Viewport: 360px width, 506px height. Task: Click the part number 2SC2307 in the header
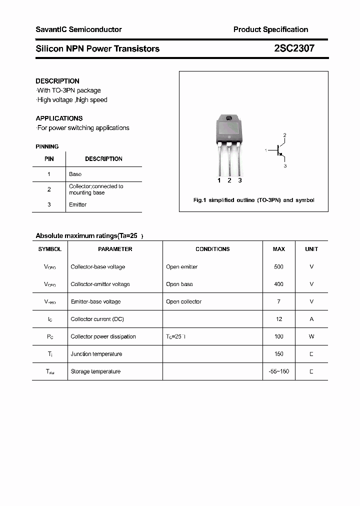point(294,48)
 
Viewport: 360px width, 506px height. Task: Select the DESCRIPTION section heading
point(57,81)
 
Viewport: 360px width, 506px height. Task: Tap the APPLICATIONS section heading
point(59,118)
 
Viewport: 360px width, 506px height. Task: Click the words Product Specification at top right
point(270,29)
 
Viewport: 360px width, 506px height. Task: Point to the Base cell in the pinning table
point(75,174)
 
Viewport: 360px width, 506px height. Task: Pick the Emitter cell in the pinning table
point(77,204)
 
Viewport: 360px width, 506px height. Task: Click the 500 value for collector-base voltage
point(278,267)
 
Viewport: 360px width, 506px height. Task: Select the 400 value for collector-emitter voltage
point(278,284)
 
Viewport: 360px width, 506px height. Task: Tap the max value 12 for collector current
point(279,319)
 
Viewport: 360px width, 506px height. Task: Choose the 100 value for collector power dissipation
point(278,336)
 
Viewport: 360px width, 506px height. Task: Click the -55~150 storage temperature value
point(278,371)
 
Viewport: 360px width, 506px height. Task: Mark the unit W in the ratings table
point(311,336)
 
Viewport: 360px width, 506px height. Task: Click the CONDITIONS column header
point(212,249)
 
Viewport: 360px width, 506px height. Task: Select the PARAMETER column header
point(115,249)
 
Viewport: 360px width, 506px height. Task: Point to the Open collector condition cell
point(183,301)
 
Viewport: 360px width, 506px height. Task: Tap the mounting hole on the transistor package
point(229,118)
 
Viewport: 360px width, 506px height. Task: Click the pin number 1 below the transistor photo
point(219,180)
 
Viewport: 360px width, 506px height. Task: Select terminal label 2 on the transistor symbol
point(284,135)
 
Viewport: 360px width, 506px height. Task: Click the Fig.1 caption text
point(253,200)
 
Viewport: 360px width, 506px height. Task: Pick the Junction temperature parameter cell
point(96,354)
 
